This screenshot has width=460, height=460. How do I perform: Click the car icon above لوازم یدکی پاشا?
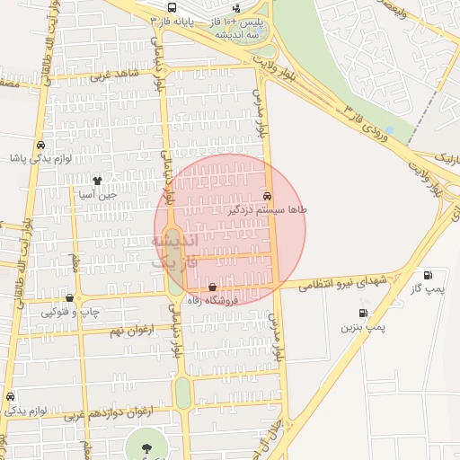click(40, 145)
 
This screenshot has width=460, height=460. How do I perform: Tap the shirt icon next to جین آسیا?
click(97, 181)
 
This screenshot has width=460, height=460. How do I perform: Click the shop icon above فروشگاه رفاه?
click(212, 288)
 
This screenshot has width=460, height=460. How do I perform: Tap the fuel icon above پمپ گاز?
click(427, 275)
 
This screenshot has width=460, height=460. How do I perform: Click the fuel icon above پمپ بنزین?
click(362, 314)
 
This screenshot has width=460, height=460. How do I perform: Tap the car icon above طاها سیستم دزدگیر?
click(268, 195)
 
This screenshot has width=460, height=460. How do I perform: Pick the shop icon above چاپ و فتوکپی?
click(69, 297)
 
